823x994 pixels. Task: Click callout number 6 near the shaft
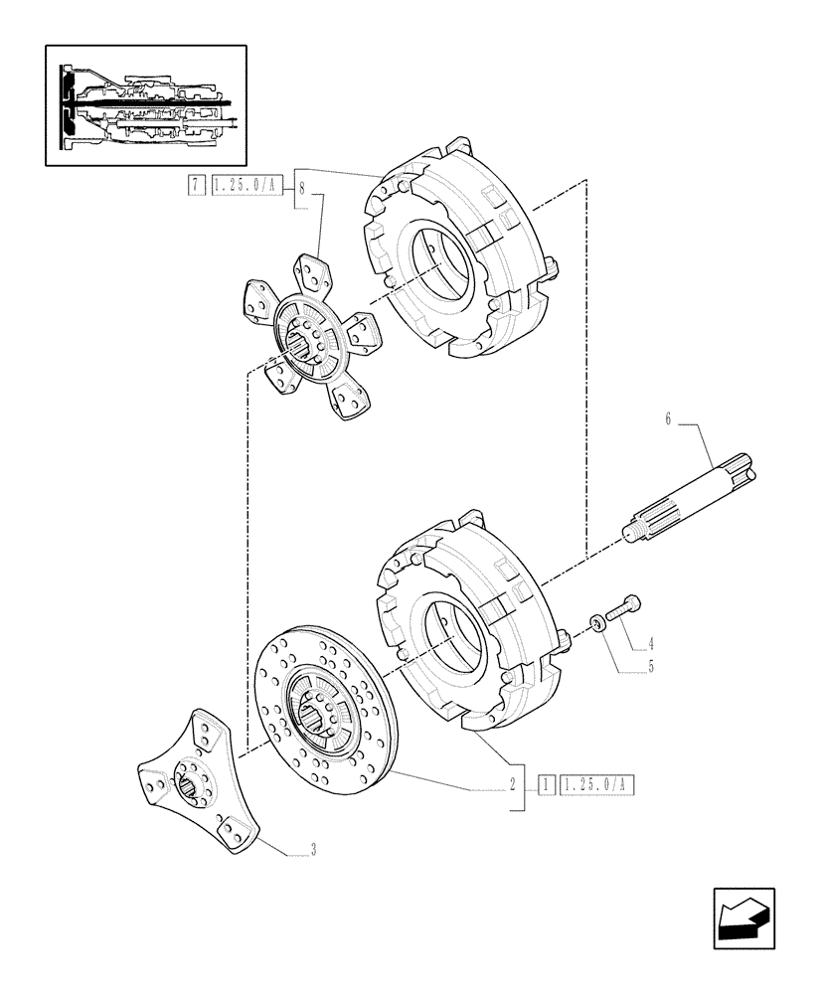click(x=668, y=421)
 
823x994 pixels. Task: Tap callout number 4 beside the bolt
click(x=650, y=643)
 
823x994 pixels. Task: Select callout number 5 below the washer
click(x=650, y=667)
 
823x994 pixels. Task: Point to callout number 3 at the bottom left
click(x=313, y=849)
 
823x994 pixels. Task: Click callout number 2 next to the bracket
click(x=511, y=783)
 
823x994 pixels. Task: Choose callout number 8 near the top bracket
click(x=302, y=186)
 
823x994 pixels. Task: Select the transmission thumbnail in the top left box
click(x=146, y=104)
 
